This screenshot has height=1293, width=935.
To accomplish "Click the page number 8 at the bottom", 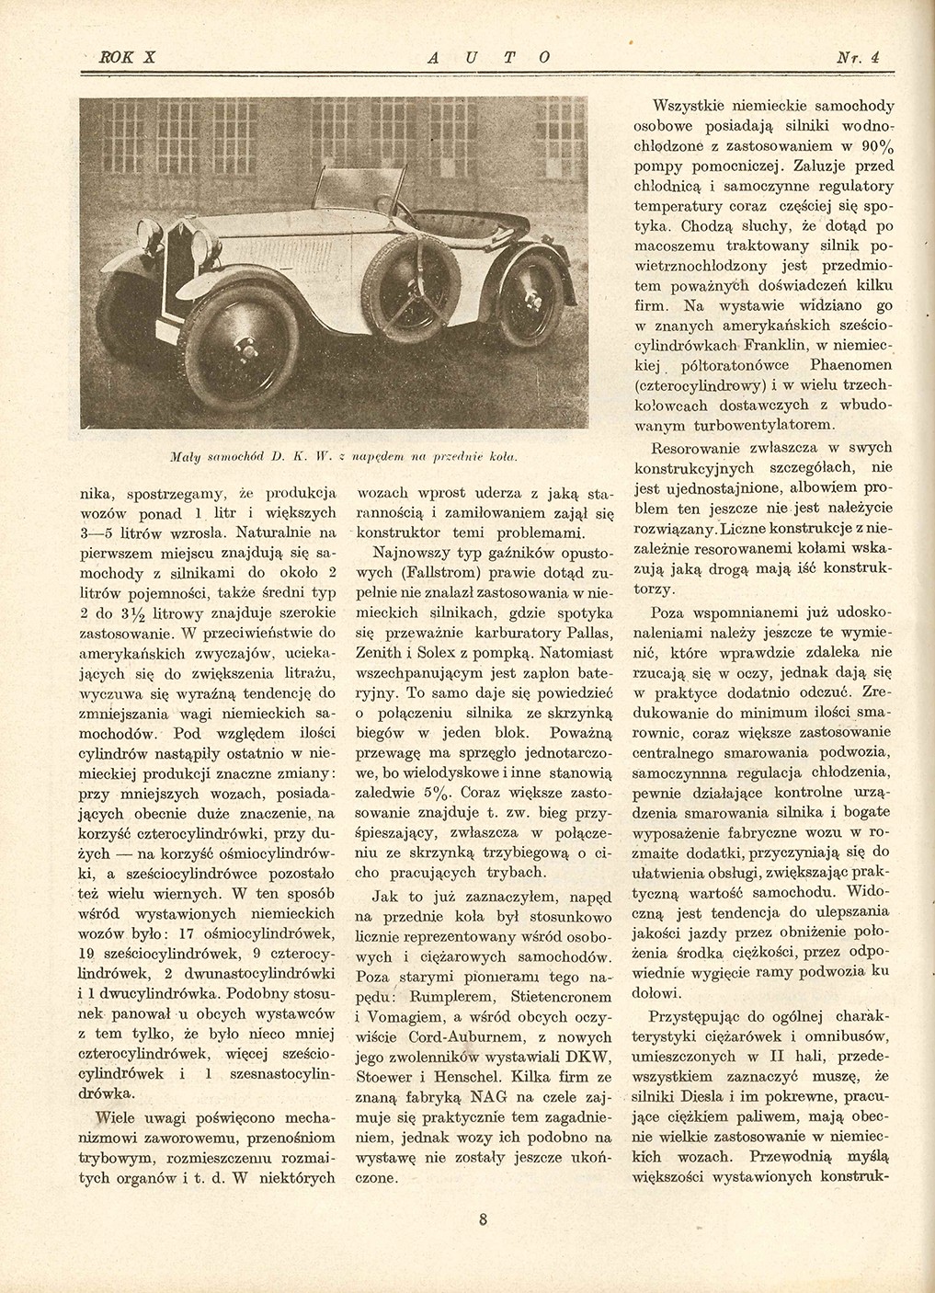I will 483,1221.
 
